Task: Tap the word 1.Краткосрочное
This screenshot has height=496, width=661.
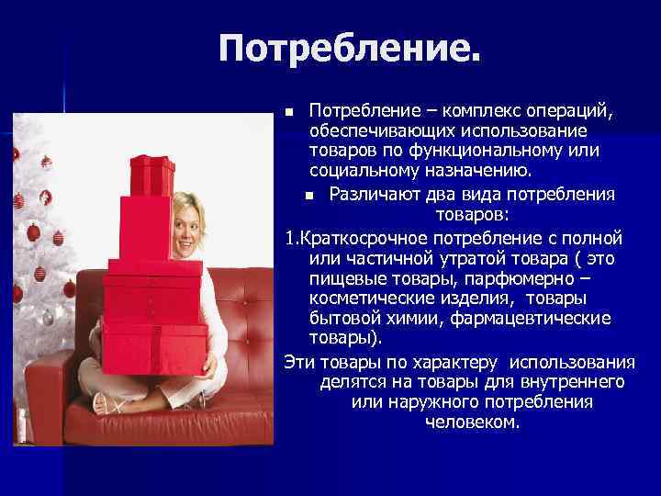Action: click(351, 239)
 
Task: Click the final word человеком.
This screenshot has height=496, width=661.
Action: click(472, 423)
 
